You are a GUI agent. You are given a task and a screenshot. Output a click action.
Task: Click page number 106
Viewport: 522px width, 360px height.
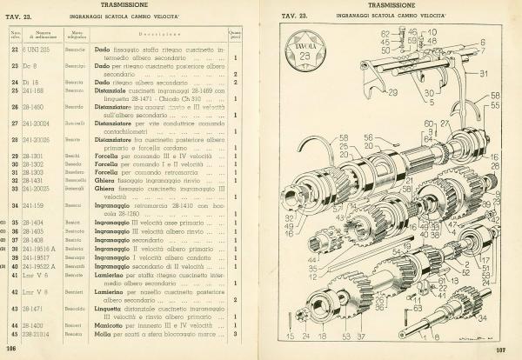[x=12, y=349]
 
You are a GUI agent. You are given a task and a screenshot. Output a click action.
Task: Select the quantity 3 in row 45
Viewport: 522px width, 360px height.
[x=235, y=334]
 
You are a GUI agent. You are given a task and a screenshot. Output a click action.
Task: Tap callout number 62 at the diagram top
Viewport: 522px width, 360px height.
[x=385, y=33]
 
